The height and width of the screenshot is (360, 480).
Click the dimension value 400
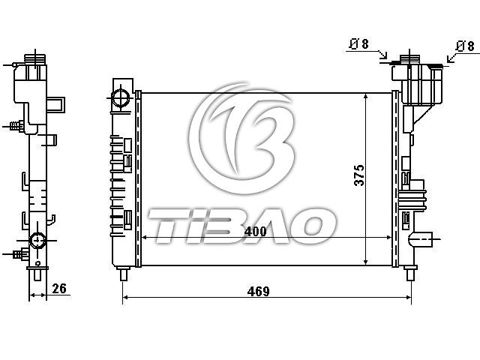(255, 231)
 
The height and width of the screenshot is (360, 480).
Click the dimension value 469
(258, 291)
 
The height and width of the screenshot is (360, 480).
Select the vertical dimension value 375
(359, 175)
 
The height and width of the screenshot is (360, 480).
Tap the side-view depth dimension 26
(59, 288)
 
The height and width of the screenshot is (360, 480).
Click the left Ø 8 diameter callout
(359, 44)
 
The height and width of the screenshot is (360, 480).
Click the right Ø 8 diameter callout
(465, 46)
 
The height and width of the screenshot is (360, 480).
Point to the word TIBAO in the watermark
(241, 226)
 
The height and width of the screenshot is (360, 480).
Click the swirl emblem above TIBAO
(242, 138)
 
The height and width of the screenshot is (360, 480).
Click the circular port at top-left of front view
(121, 97)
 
